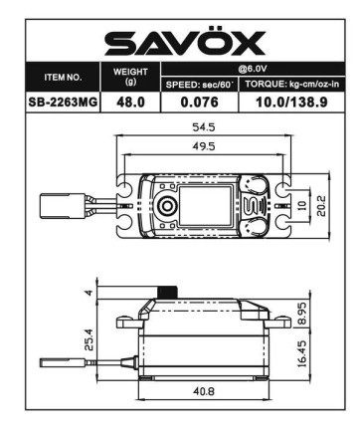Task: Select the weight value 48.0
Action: pyautogui.click(x=130, y=102)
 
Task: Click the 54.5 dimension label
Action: pyautogui.click(x=203, y=127)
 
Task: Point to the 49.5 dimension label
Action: pyautogui.click(x=203, y=147)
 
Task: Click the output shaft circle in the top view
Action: pyautogui.click(x=167, y=206)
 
